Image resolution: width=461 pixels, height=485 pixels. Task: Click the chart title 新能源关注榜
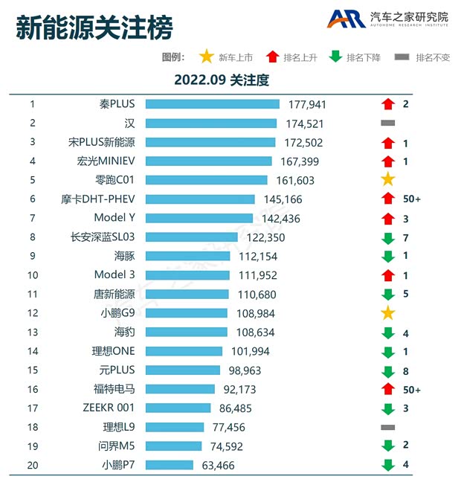(94, 28)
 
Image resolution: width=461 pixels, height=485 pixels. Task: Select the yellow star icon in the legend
(206, 57)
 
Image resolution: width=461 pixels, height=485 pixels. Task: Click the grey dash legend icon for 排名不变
(402, 57)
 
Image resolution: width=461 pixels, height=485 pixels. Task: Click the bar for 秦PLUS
(212, 104)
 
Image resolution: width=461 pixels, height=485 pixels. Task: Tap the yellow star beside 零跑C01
(387, 180)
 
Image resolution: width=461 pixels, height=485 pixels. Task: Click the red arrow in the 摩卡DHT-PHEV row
(387, 199)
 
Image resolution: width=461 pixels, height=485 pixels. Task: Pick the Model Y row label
(115, 218)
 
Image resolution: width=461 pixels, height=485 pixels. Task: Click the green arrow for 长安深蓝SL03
(387, 237)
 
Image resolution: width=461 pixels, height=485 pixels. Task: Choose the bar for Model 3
(187, 275)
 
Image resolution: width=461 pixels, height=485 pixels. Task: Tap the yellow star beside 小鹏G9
(387, 313)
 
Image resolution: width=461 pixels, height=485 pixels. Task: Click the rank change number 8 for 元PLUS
(406, 370)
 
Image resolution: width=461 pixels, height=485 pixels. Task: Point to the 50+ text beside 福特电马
(412, 390)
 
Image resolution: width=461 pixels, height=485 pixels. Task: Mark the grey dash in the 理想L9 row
(387, 428)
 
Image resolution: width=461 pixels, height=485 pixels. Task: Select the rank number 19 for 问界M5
(33, 446)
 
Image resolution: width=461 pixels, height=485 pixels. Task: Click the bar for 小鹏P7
(170, 466)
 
